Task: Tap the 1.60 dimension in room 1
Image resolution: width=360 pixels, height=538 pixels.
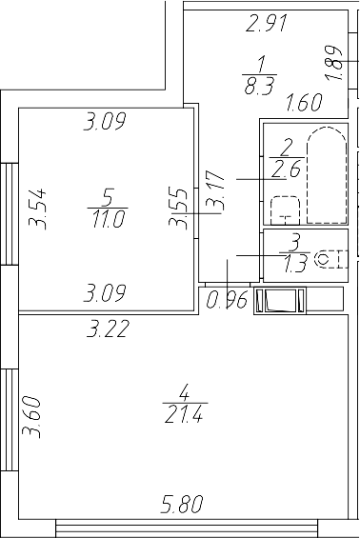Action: click(304, 102)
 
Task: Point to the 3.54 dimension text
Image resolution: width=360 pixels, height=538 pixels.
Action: click(38, 209)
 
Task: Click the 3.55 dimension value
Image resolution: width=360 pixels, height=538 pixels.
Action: click(177, 209)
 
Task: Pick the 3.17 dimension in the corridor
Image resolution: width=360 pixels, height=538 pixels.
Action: click(217, 191)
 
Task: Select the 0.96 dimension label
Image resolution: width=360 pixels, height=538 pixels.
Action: click(227, 302)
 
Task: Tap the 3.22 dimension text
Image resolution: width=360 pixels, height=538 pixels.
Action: click(107, 330)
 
